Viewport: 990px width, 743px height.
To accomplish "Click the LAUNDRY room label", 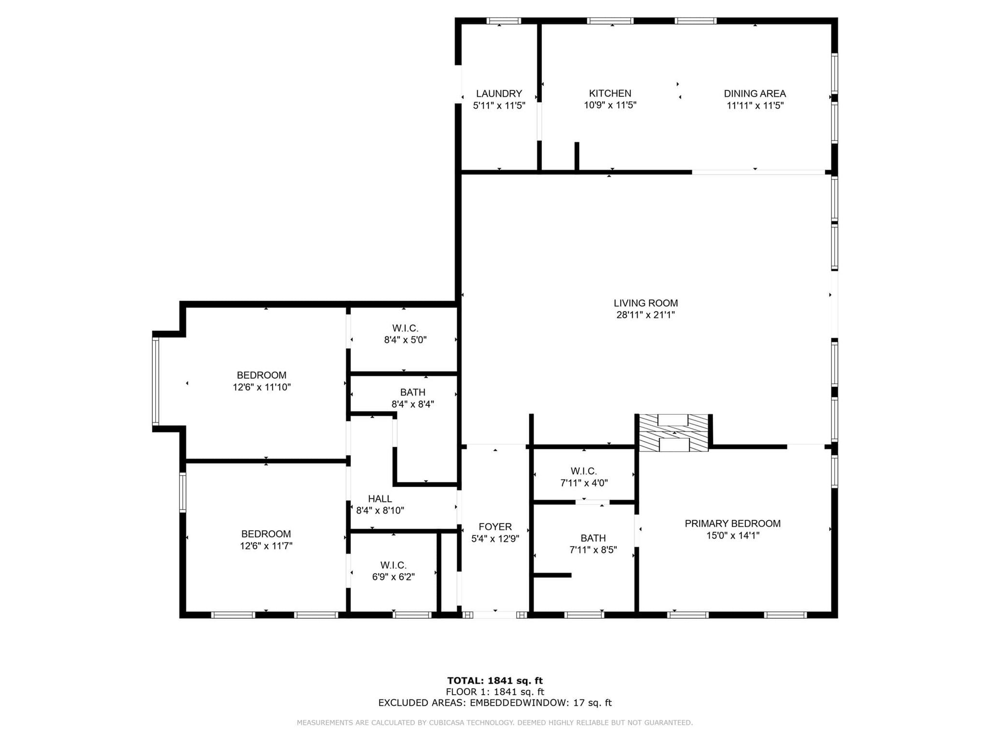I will tap(499, 94).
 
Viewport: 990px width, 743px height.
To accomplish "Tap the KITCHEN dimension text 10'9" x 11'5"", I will tap(610, 105).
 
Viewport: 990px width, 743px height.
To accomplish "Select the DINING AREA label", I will tap(755, 94).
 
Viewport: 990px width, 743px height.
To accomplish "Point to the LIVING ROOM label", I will tap(645, 303).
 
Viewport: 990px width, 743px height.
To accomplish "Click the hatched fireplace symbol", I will tap(673, 433).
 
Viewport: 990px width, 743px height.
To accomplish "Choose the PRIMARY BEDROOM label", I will tap(732, 523).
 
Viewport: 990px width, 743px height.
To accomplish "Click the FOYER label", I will tap(495, 527).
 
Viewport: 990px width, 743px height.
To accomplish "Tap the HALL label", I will tap(380, 499).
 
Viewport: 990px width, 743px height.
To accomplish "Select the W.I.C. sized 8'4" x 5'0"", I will tap(405, 334).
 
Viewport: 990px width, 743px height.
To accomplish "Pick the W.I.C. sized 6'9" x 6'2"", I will tap(393, 571).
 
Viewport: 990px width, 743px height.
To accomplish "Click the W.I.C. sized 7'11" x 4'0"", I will tap(583, 477).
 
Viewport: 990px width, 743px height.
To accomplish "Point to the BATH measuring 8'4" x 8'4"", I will tap(412, 398).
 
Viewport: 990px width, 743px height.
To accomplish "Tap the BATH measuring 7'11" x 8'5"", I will tap(593, 544).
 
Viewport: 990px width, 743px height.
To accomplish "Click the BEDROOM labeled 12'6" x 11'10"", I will tap(262, 381).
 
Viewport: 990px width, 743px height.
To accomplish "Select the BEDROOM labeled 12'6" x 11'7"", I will tap(266, 540).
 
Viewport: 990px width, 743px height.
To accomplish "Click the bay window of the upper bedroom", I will tap(156, 381).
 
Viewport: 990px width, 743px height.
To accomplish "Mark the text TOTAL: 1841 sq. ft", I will tap(495, 681).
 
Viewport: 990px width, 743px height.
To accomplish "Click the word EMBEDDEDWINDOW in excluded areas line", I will tap(520, 703).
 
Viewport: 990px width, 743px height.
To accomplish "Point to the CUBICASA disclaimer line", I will tap(495, 723).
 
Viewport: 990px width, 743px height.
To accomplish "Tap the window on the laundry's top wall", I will tap(503, 21).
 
